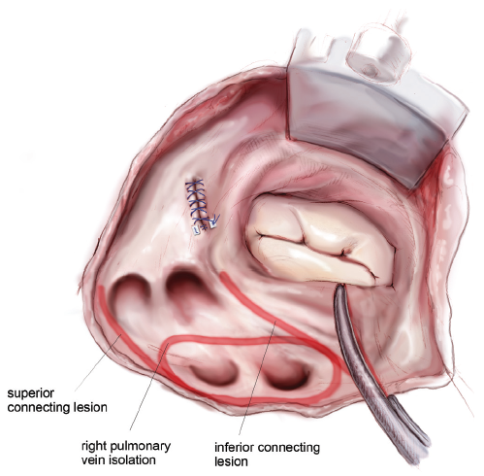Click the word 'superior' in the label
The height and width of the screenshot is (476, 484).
tap(31, 394)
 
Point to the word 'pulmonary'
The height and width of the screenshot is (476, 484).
tap(141, 447)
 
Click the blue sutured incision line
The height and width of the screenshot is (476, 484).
tap(197, 203)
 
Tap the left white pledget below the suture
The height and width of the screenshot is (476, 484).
tap(196, 230)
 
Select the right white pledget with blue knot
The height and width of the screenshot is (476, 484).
tap(213, 224)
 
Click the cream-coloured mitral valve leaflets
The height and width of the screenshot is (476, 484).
tap(320, 243)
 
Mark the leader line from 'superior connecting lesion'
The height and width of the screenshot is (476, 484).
tap(98, 363)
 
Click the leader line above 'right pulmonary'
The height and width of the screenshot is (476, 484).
tap(148, 387)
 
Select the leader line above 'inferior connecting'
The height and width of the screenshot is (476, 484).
tap(257, 378)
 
